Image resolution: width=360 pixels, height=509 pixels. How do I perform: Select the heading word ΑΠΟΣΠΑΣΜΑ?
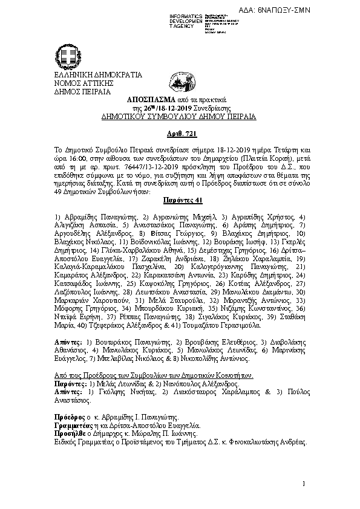(x=149, y=99)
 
